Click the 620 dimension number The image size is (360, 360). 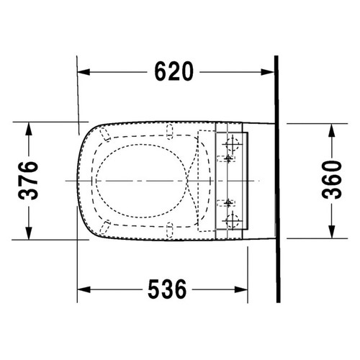[174, 71]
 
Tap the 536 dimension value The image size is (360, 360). [167, 289]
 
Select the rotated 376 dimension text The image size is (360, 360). [28, 181]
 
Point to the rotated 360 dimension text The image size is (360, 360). [332, 180]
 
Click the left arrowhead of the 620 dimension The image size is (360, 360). [84, 72]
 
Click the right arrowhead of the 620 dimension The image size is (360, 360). [268, 72]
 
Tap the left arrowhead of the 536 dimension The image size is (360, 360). [84, 289]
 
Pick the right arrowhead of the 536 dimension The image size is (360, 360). [241, 289]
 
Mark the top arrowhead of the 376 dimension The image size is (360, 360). [29, 129]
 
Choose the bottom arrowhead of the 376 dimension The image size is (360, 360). [29, 233]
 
